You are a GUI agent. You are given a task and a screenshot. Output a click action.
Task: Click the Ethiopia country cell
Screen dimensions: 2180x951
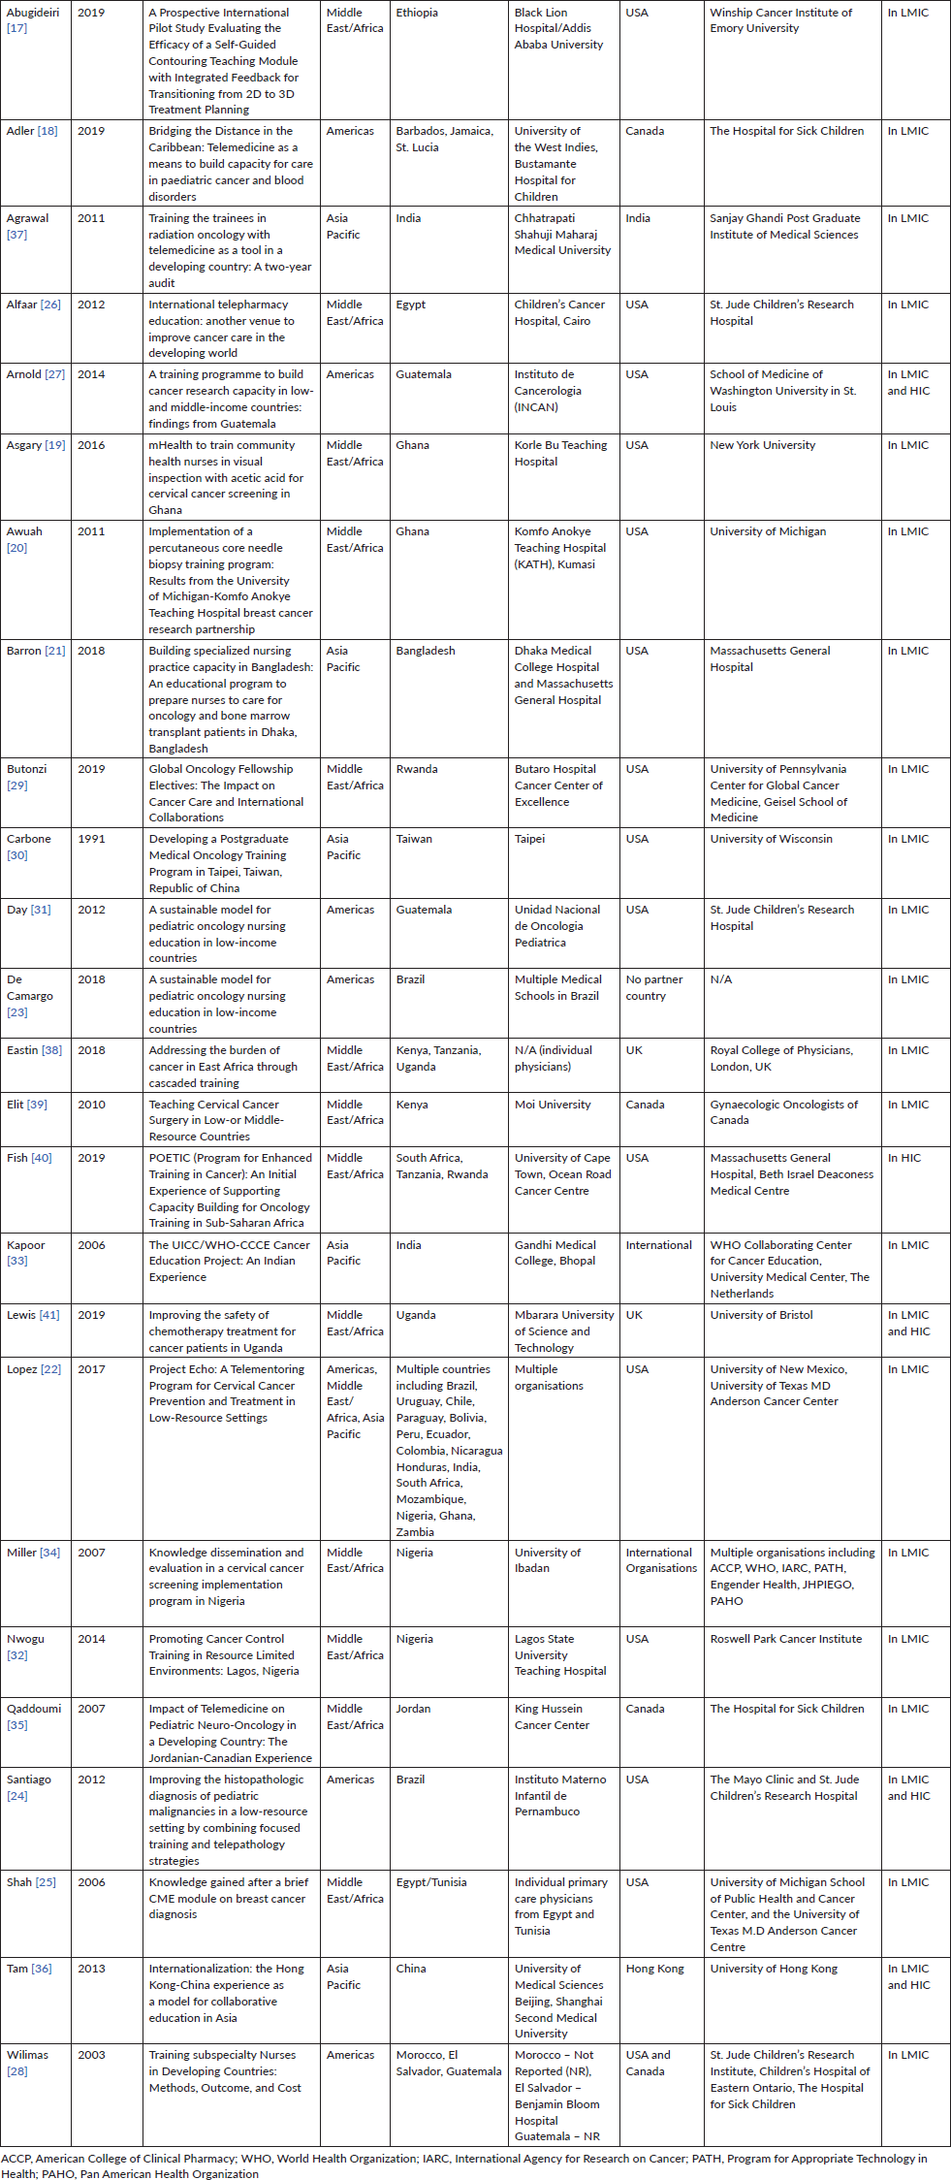click(417, 13)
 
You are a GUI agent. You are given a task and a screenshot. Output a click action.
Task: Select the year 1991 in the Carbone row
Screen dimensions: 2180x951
click(91, 839)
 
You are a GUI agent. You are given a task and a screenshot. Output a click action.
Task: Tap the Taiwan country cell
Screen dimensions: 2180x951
click(414, 839)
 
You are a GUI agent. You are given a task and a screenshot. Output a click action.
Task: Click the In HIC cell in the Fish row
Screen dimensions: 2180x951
click(904, 1158)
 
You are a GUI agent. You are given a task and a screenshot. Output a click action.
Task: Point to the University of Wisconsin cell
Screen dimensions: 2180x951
click(771, 839)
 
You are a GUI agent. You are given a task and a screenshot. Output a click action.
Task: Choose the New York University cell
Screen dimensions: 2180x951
click(762, 445)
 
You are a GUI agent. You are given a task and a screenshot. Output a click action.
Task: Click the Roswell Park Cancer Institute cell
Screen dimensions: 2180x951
click(785, 1639)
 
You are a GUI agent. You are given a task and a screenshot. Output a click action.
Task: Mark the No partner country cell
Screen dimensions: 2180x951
click(654, 987)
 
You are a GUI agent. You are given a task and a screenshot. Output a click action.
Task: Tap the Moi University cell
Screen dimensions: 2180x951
click(553, 1105)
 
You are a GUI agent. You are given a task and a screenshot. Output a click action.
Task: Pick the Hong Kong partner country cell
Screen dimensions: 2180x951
click(654, 1969)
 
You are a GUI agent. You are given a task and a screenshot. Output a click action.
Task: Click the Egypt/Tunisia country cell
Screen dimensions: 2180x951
click(431, 1882)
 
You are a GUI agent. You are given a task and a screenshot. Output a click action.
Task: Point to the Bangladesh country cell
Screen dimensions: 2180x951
click(426, 651)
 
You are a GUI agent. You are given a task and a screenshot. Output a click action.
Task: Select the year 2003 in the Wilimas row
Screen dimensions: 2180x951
click(91, 2055)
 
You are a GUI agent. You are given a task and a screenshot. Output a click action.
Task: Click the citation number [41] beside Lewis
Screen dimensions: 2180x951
click(48, 1315)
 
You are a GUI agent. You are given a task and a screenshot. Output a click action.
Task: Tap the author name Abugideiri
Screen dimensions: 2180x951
click(33, 13)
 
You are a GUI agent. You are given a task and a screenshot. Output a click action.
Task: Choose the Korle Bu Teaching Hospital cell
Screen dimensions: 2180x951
click(560, 453)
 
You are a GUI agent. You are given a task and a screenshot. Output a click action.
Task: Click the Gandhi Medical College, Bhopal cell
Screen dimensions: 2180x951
click(555, 1253)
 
